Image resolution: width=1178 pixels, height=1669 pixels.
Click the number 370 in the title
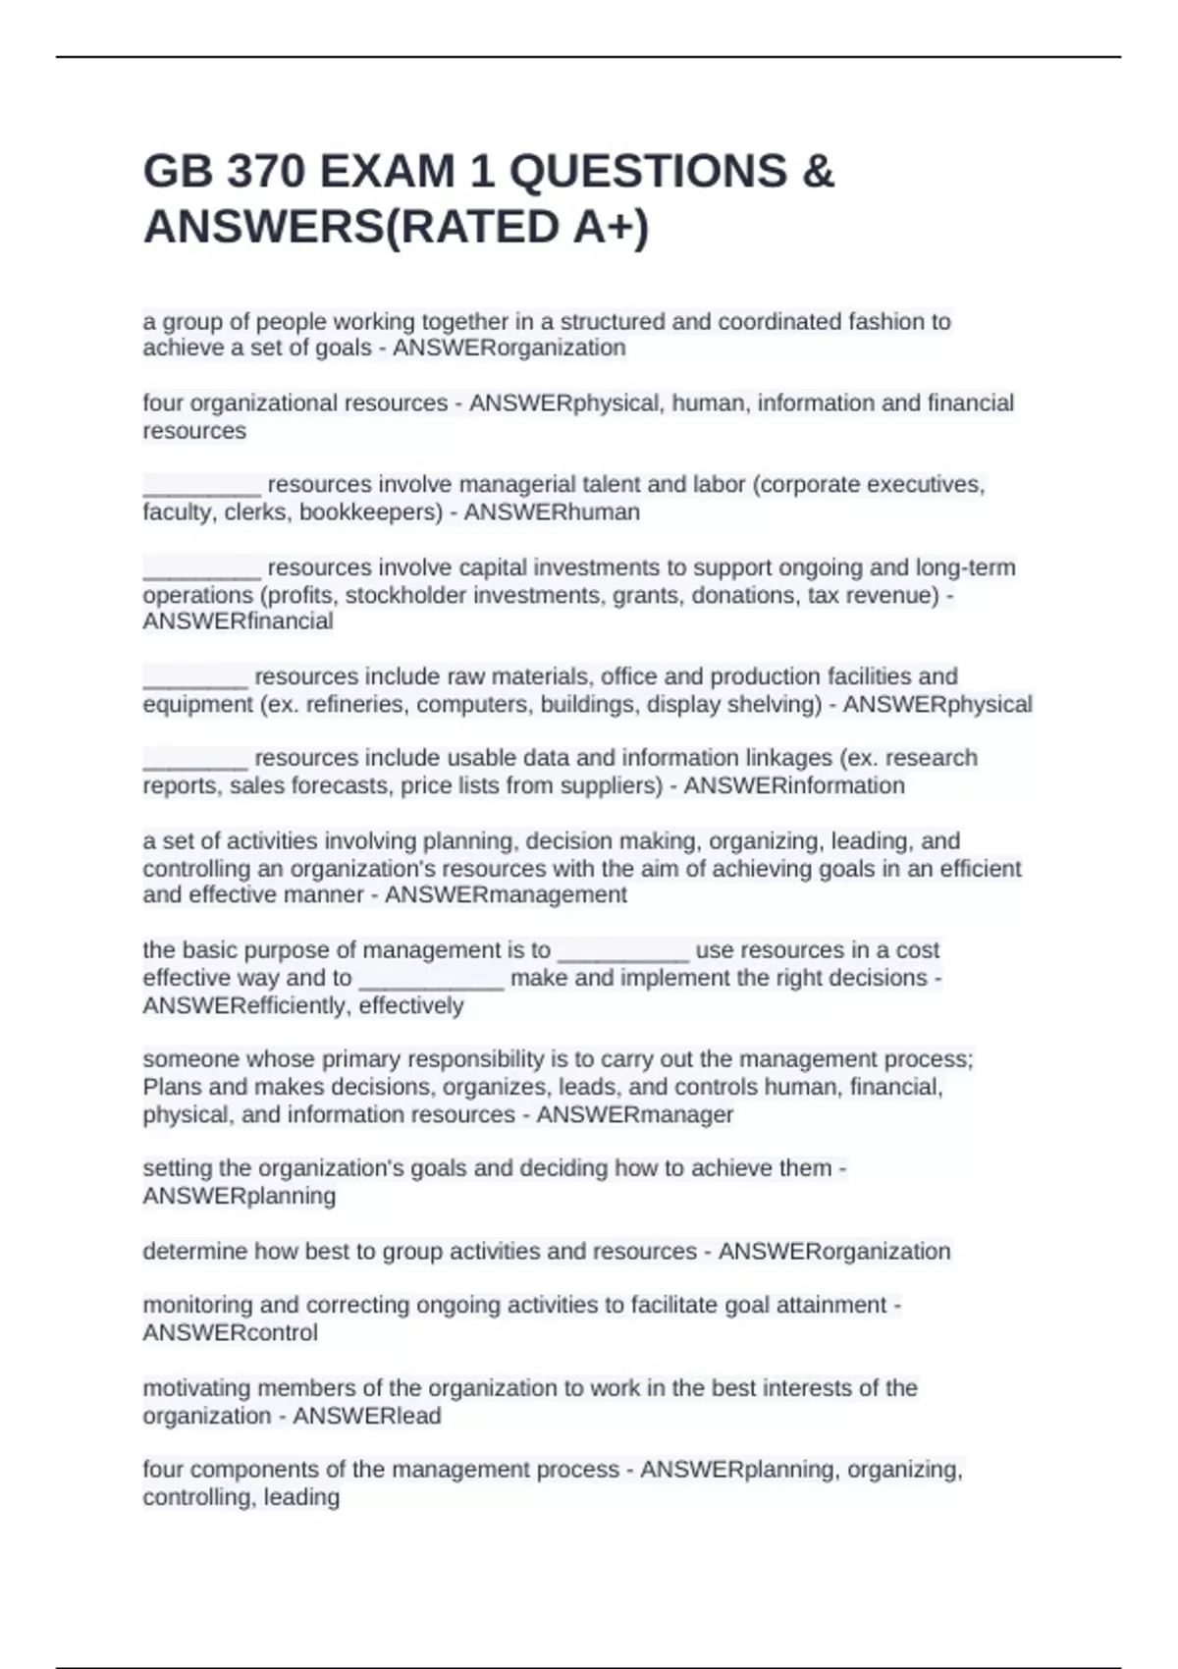point(265,172)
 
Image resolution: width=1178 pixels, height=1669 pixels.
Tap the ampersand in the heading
point(818,172)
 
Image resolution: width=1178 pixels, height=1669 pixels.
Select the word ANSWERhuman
point(552,511)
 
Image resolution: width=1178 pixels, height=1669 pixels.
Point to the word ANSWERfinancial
point(238,621)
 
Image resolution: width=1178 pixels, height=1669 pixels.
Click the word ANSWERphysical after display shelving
point(937,704)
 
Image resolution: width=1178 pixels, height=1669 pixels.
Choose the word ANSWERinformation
point(794,785)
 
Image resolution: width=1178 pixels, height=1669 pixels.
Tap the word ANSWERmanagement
point(506,894)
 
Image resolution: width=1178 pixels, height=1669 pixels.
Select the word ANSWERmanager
point(635,1114)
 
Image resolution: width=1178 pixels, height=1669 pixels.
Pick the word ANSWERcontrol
point(230,1332)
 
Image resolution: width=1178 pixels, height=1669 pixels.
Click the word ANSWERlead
point(367,1416)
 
